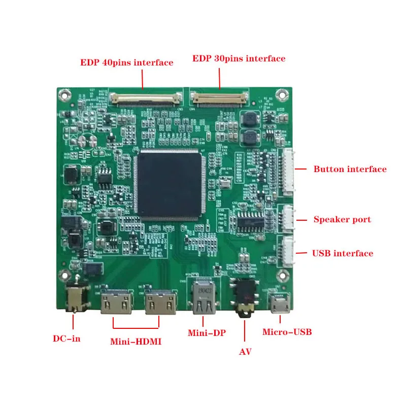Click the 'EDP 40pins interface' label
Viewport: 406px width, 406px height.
tap(126, 63)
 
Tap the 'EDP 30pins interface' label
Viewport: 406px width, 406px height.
tap(239, 59)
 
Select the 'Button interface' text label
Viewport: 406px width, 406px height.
tap(350, 170)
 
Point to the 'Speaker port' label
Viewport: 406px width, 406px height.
tap(342, 220)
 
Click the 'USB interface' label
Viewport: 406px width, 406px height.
tap(343, 253)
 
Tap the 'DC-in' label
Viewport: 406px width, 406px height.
tap(66, 339)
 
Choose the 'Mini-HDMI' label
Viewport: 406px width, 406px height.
tap(136, 342)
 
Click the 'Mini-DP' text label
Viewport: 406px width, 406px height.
tap(207, 333)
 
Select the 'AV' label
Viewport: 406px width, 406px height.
tap(245, 351)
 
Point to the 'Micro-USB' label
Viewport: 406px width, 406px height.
tap(287, 332)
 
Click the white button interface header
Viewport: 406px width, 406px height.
tap(288, 172)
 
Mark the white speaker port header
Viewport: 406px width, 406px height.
tap(288, 220)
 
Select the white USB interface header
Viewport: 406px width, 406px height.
tap(288, 252)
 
